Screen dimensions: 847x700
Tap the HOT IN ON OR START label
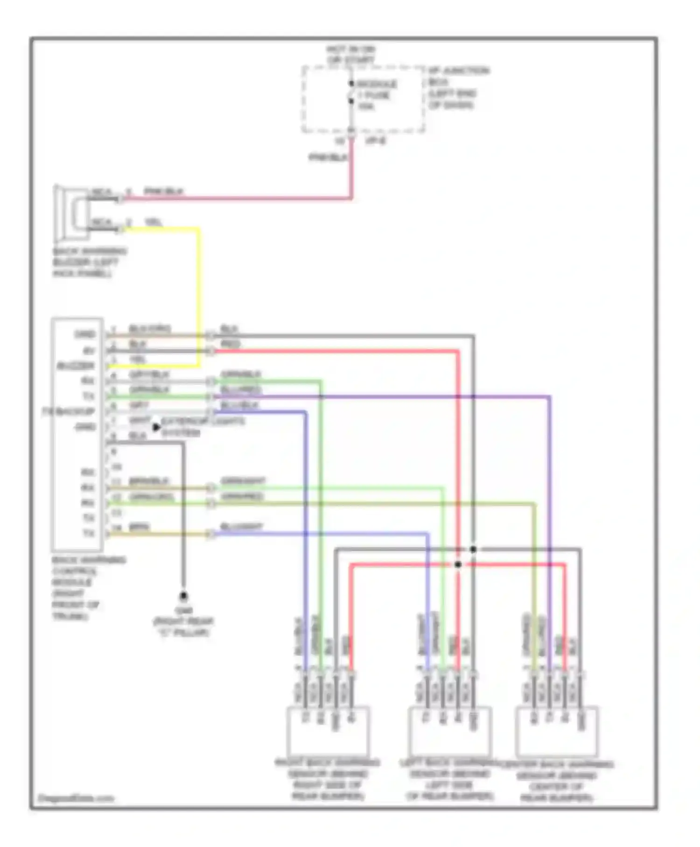[x=351, y=54]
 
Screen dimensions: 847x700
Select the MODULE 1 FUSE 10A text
[x=377, y=95]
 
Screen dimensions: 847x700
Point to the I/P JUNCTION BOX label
[x=458, y=87]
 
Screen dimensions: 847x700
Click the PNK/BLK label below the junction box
[x=328, y=157]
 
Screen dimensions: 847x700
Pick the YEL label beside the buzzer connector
[x=153, y=222]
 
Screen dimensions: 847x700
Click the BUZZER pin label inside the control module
[x=76, y=366]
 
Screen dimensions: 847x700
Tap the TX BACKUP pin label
[x=69, y=411]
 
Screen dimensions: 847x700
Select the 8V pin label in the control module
[x=89, y=351]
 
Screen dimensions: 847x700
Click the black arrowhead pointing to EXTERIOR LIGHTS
[x=156, y=427]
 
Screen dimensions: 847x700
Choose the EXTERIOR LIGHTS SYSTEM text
[x=202, y=427]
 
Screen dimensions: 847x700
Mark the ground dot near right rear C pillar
[x=183, y=596]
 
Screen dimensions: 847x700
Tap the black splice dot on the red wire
[x=458, y=565]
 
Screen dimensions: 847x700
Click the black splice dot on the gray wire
[x=473, y=550]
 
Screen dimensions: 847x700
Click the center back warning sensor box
[x=557, y=731]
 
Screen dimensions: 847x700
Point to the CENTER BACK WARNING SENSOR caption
[x=557, y=781]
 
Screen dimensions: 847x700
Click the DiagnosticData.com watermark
[x=76, y=798]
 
